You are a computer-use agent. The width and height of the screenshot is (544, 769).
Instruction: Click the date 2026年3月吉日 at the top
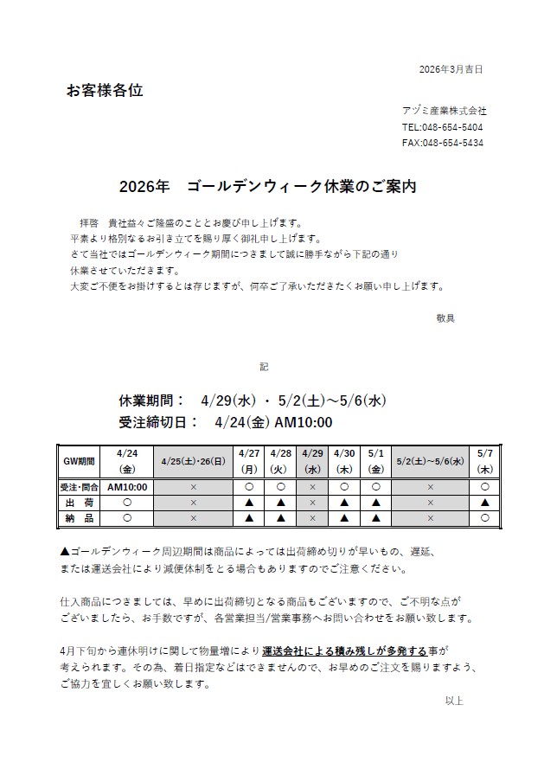450,68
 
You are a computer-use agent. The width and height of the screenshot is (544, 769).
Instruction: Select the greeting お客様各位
105,90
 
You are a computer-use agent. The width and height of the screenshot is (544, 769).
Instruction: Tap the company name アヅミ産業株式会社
444,111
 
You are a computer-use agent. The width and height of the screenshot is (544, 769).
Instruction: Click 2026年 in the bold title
144,187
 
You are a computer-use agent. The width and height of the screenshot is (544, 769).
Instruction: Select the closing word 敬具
445,317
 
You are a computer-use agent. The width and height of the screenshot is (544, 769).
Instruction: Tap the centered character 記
264,367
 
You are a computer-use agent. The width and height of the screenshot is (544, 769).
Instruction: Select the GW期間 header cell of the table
79,461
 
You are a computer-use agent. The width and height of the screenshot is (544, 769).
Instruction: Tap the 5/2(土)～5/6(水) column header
430,461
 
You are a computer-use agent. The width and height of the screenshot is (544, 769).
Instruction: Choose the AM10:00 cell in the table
127,486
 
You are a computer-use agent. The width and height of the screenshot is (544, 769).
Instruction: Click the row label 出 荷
79,502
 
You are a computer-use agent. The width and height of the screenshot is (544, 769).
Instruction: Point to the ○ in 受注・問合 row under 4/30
344,486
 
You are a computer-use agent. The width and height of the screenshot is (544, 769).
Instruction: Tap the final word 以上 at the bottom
454,701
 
